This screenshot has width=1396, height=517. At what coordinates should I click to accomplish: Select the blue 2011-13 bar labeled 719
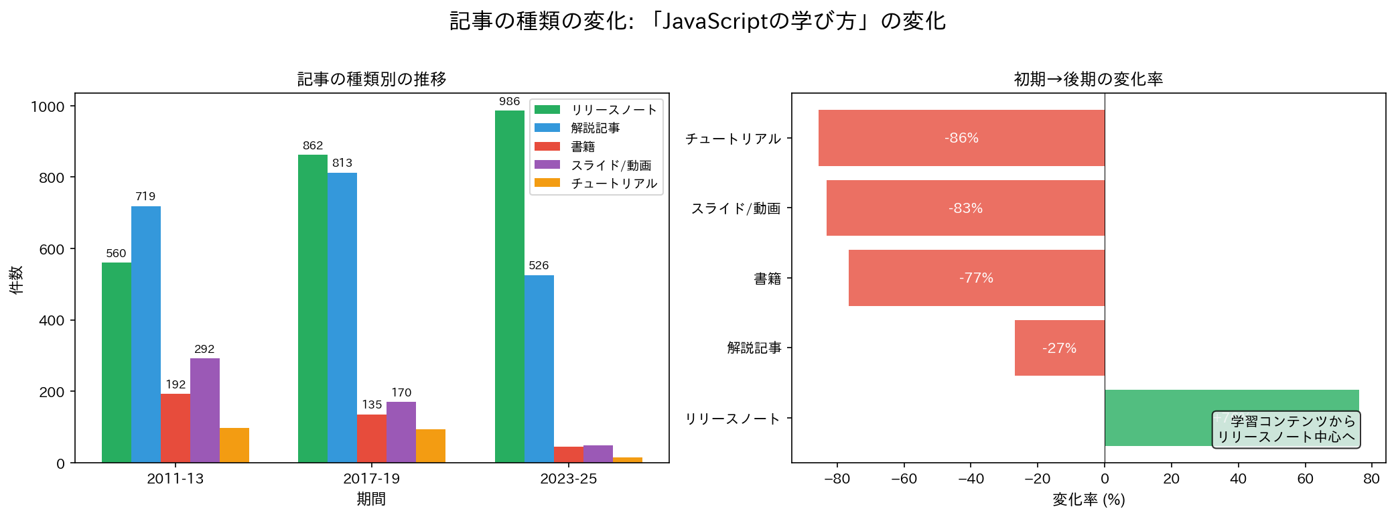click(146, 334)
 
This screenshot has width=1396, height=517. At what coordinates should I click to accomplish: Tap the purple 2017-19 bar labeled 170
click(401, 432)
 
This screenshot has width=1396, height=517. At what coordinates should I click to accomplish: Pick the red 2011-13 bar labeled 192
click(176, 428)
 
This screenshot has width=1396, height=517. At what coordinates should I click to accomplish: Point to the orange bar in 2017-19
click(431, 446)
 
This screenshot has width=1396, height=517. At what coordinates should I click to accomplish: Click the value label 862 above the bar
click(313, 146)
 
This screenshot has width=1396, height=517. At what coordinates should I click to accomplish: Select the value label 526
click(539, 266)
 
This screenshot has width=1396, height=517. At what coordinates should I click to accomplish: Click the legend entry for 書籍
click(582, 147)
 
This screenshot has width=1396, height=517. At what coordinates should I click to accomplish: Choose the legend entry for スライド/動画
click(610, 165)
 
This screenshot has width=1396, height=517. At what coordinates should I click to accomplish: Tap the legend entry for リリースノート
click(614, 110)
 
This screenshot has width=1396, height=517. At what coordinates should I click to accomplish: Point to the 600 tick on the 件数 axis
click(52, 250)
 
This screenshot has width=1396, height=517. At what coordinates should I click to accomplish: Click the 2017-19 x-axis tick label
click(371, 479)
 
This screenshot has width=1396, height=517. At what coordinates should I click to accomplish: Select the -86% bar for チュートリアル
click(961, 138)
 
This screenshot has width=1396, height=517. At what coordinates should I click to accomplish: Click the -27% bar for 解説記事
click(1059, 348)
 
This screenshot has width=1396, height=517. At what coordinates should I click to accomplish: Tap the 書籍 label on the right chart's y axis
click(768, 279)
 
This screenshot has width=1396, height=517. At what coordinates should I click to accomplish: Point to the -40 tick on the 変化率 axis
click(971, 479)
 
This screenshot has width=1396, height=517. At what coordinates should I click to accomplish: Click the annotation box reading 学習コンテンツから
click(1286, 429)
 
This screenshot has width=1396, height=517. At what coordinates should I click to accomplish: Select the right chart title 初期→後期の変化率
click(1088, 79)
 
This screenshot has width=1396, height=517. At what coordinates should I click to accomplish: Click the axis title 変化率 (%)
click(1089, 500)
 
